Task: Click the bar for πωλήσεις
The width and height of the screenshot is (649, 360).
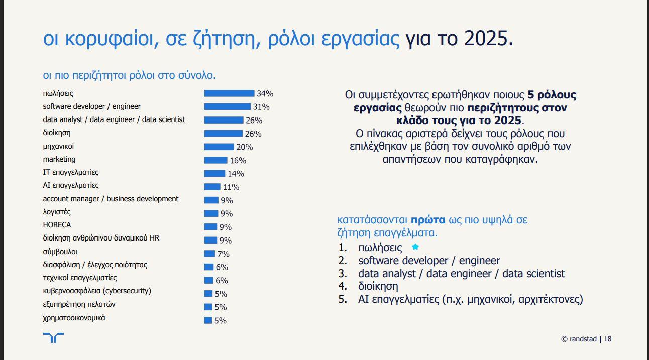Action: pyautogui.click(x=229, y=93)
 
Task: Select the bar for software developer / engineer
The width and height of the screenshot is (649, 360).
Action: pyautogui.click(x=227, y=106)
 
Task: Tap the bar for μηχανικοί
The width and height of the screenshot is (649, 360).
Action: pyautogui.click(x=219, y=147)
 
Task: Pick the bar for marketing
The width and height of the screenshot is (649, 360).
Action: pyautogui.click(x=215, y=160)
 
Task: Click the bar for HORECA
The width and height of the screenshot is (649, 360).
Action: pyautogui.click(x=211, y=227)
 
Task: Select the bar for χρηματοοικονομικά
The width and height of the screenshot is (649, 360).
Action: pyautogui.click(x=208, y=320)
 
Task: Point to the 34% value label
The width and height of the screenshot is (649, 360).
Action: pyautogui.click(x=265, y=94)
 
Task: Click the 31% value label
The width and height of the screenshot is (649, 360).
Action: pyautogui.click(x=261, y=107)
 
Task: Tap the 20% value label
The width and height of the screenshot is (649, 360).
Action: pyautogui.click(x=245, y=147)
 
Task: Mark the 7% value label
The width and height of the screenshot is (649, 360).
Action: pyautogui.click(x=223, y=254)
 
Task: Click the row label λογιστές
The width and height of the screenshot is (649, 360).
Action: pyautogui.click(x=57, y=212)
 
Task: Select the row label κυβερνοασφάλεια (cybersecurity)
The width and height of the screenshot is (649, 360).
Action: pyautogui.click(x=97, y=291)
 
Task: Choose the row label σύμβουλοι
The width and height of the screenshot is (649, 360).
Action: pyautogui.click(x=60, y=252)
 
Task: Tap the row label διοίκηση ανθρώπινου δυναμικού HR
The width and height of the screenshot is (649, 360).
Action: pyautogui.click(x=101, y=238)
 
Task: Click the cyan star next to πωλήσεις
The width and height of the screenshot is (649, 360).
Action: pyautogui.click(x=415, y=247)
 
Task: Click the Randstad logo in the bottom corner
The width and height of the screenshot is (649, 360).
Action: pyautogui.click(x=53, y=337)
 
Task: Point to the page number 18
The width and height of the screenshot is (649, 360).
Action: pyautogui.click(x=607, y=339)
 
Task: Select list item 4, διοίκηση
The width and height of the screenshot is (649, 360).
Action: pyautogui.click(x=378, y=286)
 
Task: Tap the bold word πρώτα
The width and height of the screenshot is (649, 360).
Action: pyautogui.click(x=428, y=220)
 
